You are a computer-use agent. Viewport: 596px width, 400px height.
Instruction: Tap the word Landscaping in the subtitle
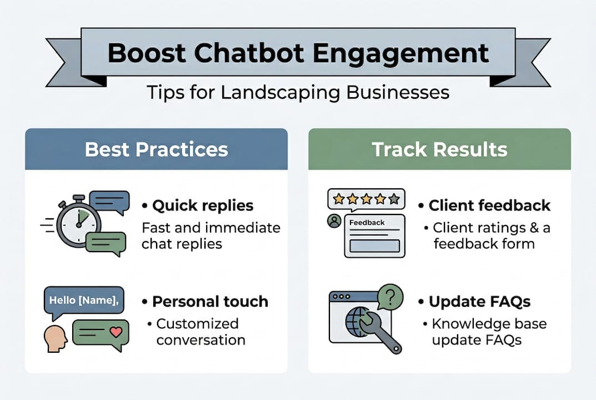click(280, 92)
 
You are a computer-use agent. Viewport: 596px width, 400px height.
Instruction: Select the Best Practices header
click(156, 149)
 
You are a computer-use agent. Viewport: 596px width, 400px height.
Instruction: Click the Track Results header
click(439, 149)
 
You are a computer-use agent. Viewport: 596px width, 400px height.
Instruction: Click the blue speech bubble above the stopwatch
click(109, 202)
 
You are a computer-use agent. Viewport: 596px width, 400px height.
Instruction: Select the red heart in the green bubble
click(116, 332)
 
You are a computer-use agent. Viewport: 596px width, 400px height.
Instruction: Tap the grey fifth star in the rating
click(394, 199)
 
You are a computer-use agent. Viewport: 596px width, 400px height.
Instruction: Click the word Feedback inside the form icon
click(367, 222)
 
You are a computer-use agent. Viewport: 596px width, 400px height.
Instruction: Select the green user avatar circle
click(334, 221)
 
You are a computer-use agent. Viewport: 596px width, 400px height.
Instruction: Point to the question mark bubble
click(390, 296)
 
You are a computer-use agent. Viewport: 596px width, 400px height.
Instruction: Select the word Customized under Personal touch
click(197, 323)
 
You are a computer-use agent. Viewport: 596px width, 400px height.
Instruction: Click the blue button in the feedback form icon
click(375, 246)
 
